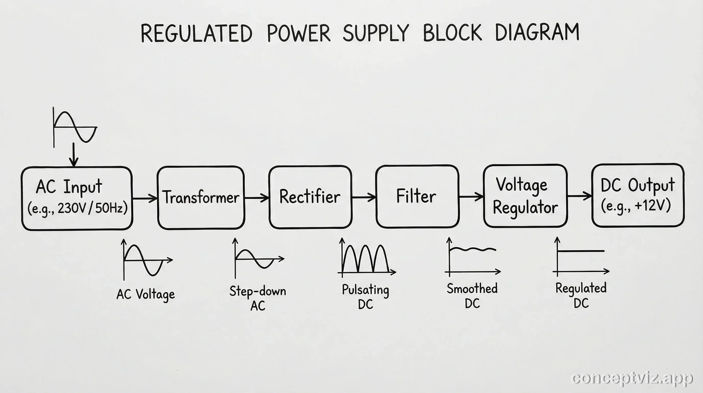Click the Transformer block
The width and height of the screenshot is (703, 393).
pyautogui.click(x=201, y=197)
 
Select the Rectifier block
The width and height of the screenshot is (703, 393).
pyautogui.click(x=310, y=197)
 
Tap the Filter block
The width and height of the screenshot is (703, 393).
pyautogui.click(x=417, y=196)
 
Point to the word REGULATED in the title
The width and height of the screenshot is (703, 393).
pyautogui.click(x=196, y=33)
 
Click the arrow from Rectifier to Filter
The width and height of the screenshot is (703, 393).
pyautogui.click(x=364, y=197)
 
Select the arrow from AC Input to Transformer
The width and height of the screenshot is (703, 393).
pyautogui.click(x=145, y=198)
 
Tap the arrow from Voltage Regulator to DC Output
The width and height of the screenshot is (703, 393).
pyautogui.click(x=579, y=196)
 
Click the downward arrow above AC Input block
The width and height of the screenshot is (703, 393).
pyautogui.click(x=73, y=155)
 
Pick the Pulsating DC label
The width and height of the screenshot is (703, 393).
pyautogui.click(x=365, y=297)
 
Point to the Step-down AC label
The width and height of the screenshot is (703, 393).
pyautogui.click(x=257, y=298)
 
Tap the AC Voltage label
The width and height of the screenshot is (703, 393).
pyautogui.click(x=145, y=294)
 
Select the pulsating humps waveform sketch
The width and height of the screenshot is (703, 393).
pyautogui.click(x=366, y=258)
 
